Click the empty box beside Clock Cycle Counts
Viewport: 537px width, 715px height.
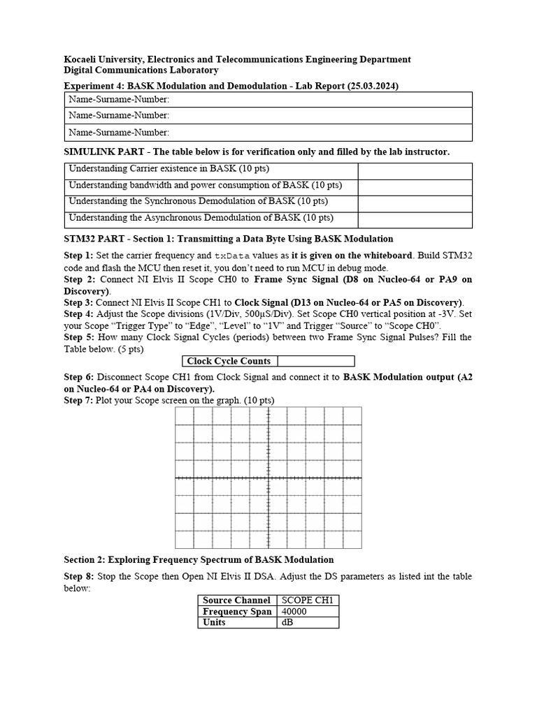[316, 362]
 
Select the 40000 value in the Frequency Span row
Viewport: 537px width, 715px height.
[293, 612]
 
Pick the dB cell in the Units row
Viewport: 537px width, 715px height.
[287, 622]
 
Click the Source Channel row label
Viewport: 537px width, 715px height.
[237, 600]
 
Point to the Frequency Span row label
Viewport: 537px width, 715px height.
[237, 612]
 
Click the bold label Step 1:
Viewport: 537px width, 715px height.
[78, 256]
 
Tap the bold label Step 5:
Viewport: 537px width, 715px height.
[78, 337]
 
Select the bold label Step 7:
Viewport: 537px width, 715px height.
[78, 400]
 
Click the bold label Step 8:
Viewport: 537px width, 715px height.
[78, 576]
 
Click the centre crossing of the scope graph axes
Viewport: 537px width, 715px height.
[268, 478]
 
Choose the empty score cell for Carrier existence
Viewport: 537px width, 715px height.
[415, 170]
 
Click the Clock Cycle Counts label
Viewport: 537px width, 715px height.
[229, 362]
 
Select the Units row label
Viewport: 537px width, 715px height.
[214, 622]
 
